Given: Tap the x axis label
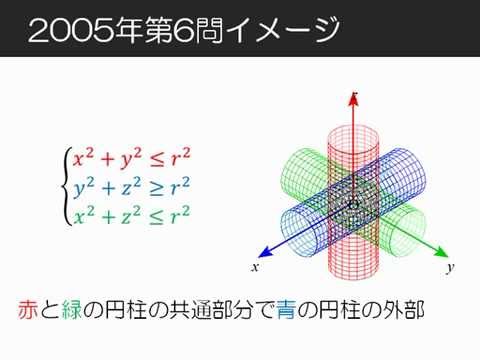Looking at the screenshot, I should (x=255, y=268).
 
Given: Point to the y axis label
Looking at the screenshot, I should (x=451, y=268).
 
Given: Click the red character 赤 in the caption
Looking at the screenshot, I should (x=29, y=310).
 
